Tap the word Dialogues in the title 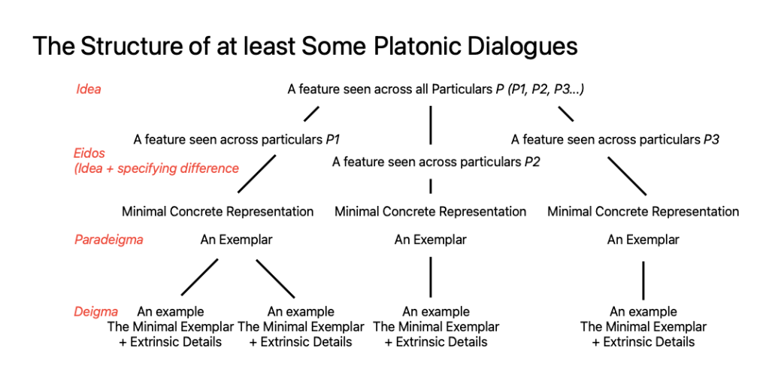click(x=522, y=47)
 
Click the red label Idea click(x=89, y=89)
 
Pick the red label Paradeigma click(x=109, y=240)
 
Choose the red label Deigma click(x=96, y=312)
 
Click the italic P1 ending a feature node click(x=334, y=140)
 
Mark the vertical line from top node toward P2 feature click(x=431, y=125)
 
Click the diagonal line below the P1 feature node click(x=256, y=174)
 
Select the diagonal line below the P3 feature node click(x=627, y=175)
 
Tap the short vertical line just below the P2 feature click(x=431, y=186)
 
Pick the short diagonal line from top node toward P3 click(x=565, y=113)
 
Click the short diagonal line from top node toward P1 click(x=311, y=113)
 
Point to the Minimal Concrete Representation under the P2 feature click(x=431, y=212)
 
